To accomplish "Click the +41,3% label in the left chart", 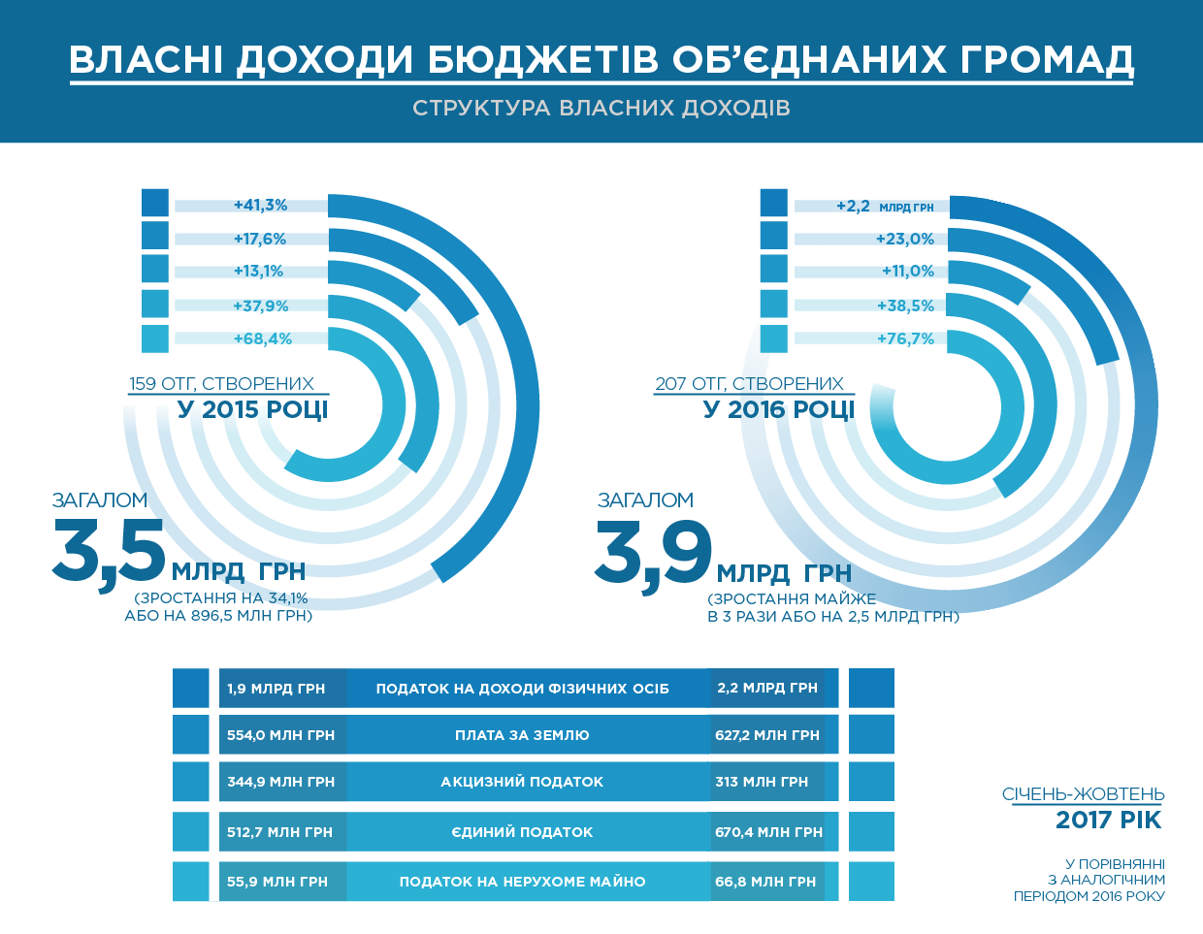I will tap(260, 206).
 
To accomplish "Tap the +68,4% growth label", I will tap(262, 339).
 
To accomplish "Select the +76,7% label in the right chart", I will tap(905, 339).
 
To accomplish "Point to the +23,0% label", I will tap(904, 239).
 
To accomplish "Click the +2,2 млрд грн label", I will tap(884, 207).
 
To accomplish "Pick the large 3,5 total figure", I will tap(110, 551).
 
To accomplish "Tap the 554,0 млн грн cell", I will tap(280, 735).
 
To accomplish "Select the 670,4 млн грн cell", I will tap(768, 832).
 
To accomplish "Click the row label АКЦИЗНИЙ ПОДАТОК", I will tap(522, 782).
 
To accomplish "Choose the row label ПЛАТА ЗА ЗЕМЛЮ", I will tap(522, 735).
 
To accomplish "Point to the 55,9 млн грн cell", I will tap(277, 882).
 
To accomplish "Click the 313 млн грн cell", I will tap(762, 782).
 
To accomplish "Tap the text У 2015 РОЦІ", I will tap(252, 409).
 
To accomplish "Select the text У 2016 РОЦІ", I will tap(779, 409).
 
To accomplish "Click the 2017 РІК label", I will tap(1108, 821).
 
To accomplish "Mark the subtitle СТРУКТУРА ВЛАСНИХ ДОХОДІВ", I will tap(601, 108).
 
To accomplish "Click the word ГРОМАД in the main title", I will tap(1047, 59).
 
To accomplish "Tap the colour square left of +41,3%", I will tap(155, 203).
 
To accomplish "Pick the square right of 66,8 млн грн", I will tap(871, 882).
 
